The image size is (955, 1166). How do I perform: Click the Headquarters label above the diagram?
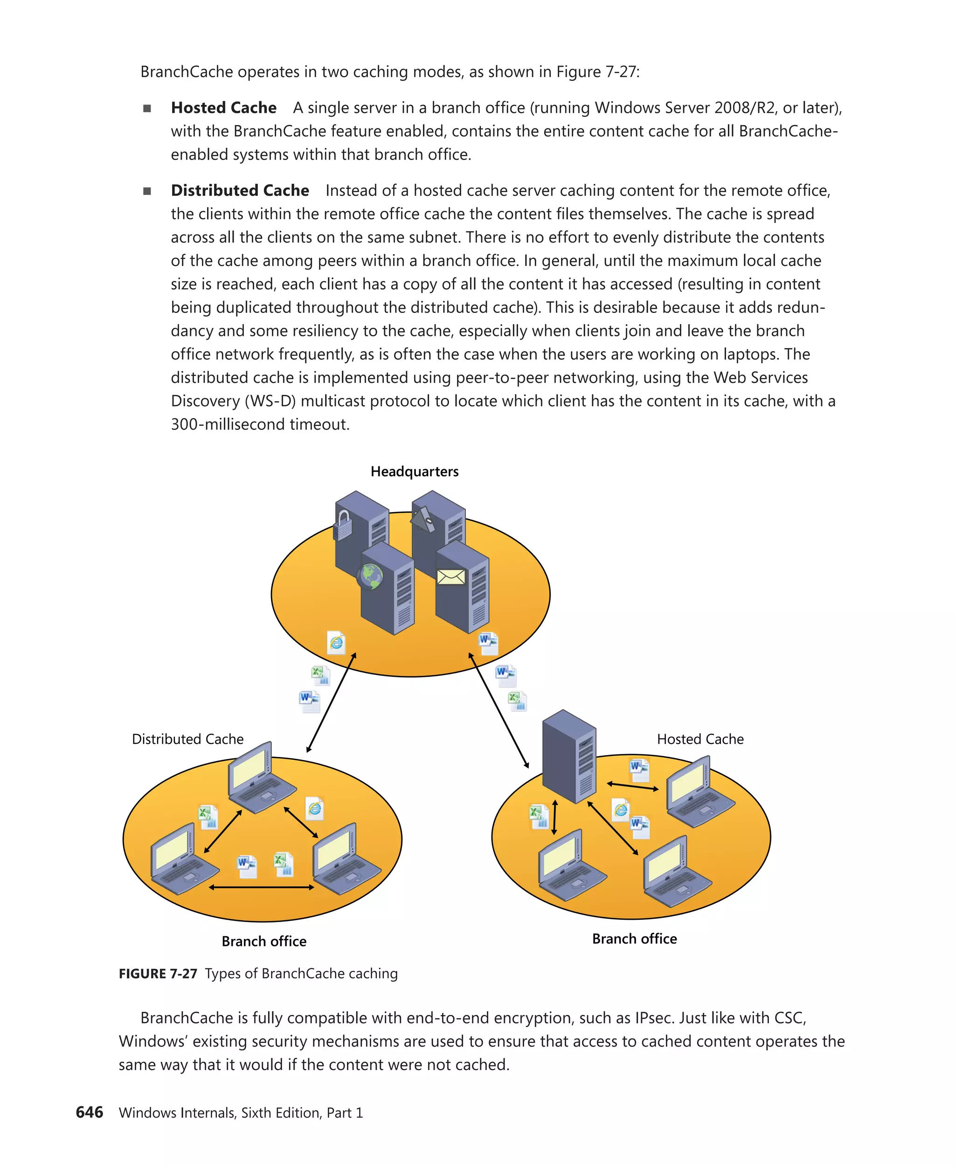point(414,472)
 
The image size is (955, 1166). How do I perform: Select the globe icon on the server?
point(370,576)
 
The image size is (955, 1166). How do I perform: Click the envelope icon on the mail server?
point(451,576)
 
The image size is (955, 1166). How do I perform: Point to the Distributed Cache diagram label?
point(187,739)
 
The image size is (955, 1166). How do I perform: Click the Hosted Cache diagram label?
point(700,739)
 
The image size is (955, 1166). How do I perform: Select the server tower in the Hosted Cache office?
point(569,757)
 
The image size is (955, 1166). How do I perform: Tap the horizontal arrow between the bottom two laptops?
point(262,887)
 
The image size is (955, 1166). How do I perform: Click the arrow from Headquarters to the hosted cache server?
point(498,710)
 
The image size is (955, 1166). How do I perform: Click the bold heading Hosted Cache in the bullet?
point(223,108)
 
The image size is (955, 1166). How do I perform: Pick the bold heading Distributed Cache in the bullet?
point(240,190)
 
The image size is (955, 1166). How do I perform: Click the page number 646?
point(89,1112)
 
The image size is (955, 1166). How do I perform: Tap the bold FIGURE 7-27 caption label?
point(158,973)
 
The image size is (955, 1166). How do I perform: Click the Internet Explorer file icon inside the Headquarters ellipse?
point(336,642)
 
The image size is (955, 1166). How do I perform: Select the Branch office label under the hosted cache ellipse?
point(634,939)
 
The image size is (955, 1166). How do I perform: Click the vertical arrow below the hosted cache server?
point(554,817)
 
